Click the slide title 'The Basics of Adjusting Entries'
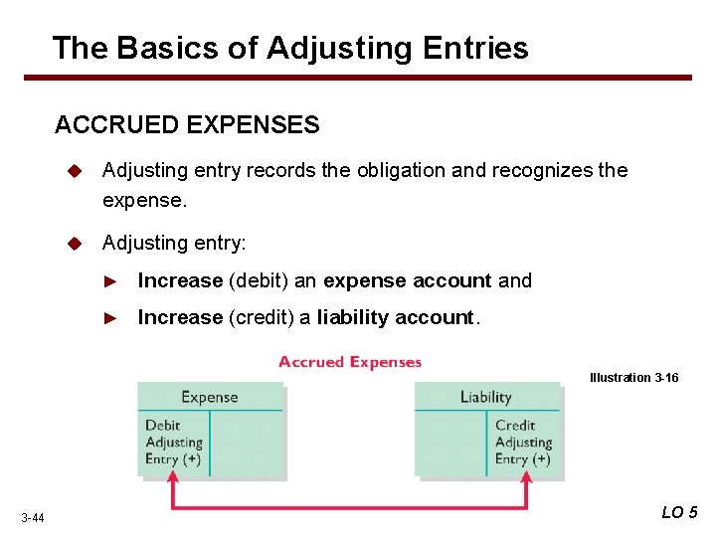[289, 48]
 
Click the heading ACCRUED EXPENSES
[187, 125]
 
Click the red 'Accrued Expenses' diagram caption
[350, 362]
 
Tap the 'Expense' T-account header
[209, 397]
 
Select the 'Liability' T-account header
[485, 397]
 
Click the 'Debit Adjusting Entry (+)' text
[174, 443]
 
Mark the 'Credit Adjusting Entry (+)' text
[523, 443]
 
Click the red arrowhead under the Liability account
[526, 479]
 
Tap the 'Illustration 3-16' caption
[633, 378]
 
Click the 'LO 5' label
[680, 512]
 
